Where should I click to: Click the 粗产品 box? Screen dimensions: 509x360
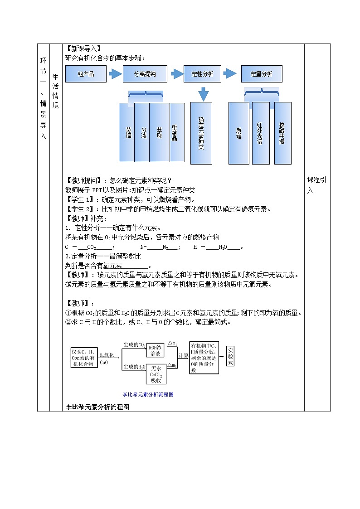86,74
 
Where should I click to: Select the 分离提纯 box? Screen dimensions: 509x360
145,74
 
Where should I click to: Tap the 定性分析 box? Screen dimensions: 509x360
202,74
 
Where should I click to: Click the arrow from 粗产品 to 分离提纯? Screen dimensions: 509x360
115,74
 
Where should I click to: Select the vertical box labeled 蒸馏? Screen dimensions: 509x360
127,132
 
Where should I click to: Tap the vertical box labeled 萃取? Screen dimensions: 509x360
159,132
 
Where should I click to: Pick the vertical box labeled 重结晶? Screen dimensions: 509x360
177,132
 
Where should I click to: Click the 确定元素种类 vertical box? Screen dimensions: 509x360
201,133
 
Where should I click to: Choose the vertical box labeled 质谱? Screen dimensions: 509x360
239,133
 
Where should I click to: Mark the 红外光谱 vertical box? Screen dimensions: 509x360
260,133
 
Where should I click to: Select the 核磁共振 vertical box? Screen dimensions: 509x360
282,133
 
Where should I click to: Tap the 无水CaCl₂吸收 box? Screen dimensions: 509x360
156,374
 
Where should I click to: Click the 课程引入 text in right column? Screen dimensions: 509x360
316,185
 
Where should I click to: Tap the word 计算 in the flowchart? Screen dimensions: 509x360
183,356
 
